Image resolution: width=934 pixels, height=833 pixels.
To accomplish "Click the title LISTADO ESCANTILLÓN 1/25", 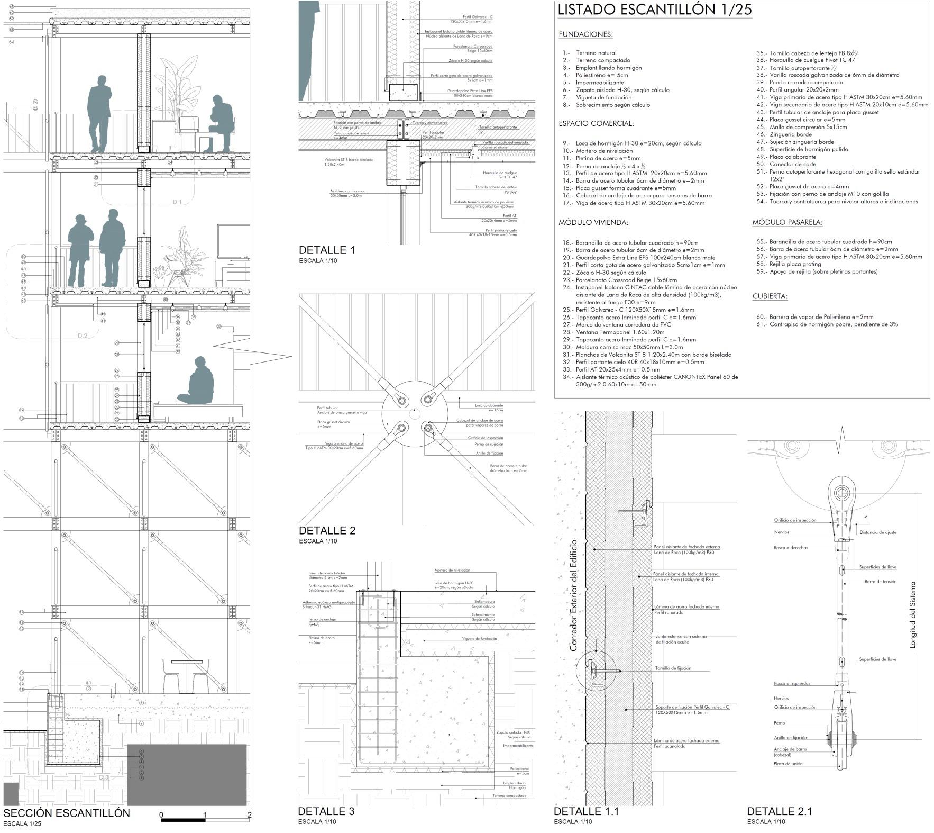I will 655,10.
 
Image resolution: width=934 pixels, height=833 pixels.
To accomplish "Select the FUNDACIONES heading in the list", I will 585,35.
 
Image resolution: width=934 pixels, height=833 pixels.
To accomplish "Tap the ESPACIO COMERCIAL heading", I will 596,124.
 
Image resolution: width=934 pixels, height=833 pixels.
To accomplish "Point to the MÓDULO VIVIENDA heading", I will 593,223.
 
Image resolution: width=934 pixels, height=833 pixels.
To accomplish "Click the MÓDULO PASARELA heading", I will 788,223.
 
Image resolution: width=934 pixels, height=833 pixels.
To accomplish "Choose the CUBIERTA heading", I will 770,296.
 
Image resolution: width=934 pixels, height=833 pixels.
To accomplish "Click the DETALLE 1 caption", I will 327,250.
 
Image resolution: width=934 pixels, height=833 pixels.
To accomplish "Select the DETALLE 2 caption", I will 327,531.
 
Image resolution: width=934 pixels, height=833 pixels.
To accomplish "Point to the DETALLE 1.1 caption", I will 586,811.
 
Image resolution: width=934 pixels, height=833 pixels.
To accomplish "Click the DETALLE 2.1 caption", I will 780,811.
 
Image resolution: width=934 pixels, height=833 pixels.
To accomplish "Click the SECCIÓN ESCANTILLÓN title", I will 67,813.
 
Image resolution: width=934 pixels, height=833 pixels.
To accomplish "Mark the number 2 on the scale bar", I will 249,815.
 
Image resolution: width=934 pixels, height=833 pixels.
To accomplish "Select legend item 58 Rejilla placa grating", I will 795,264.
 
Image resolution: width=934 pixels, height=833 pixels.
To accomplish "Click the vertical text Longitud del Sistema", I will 912,615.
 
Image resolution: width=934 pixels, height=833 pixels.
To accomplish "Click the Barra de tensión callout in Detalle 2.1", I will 881,582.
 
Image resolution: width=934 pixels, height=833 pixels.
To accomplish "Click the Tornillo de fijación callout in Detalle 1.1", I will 673,668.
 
